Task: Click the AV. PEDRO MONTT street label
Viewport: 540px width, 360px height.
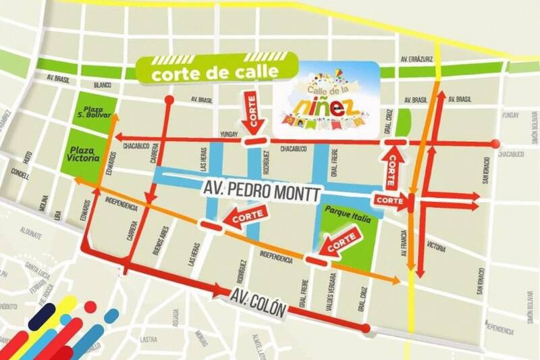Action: (x=269, y=191)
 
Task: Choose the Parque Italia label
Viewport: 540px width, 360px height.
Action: (x=344, y=211)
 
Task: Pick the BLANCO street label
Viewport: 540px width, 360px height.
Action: (x=103, y=85)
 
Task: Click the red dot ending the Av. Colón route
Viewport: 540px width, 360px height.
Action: (x=365, y=329)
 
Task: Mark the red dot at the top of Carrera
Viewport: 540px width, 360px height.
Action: (x=169, y=100)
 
